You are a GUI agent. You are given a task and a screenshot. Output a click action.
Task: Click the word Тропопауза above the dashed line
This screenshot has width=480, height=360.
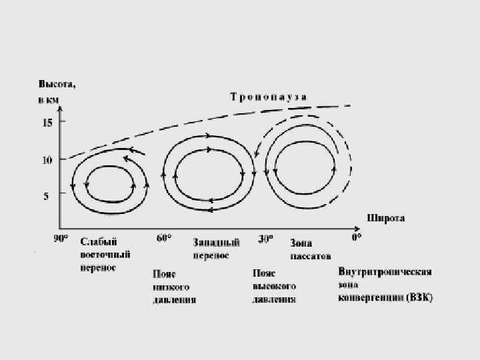[x=269, y=97]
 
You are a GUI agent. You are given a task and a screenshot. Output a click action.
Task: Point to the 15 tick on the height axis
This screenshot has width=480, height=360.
[x=47, y=123]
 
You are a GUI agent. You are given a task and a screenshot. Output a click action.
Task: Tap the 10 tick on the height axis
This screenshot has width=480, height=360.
[x=47, y=160]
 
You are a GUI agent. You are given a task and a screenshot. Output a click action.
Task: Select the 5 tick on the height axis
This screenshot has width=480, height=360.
[x=47, y=196]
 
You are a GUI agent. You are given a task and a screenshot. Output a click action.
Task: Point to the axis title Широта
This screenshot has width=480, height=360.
[x=385, y=218]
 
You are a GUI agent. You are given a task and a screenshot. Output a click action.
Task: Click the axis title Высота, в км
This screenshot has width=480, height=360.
[x=56, y=92]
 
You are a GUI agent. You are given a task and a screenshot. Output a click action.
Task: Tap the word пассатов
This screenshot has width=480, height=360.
[x=311, y=255]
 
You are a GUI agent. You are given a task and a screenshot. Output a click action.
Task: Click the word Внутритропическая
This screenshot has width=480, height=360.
[x=385, y=272]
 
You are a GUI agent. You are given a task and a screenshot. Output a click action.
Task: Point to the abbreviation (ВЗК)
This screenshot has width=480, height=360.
[x=419, y=298]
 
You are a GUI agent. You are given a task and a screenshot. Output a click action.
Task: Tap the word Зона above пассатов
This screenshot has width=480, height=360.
[x=301, y=243]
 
